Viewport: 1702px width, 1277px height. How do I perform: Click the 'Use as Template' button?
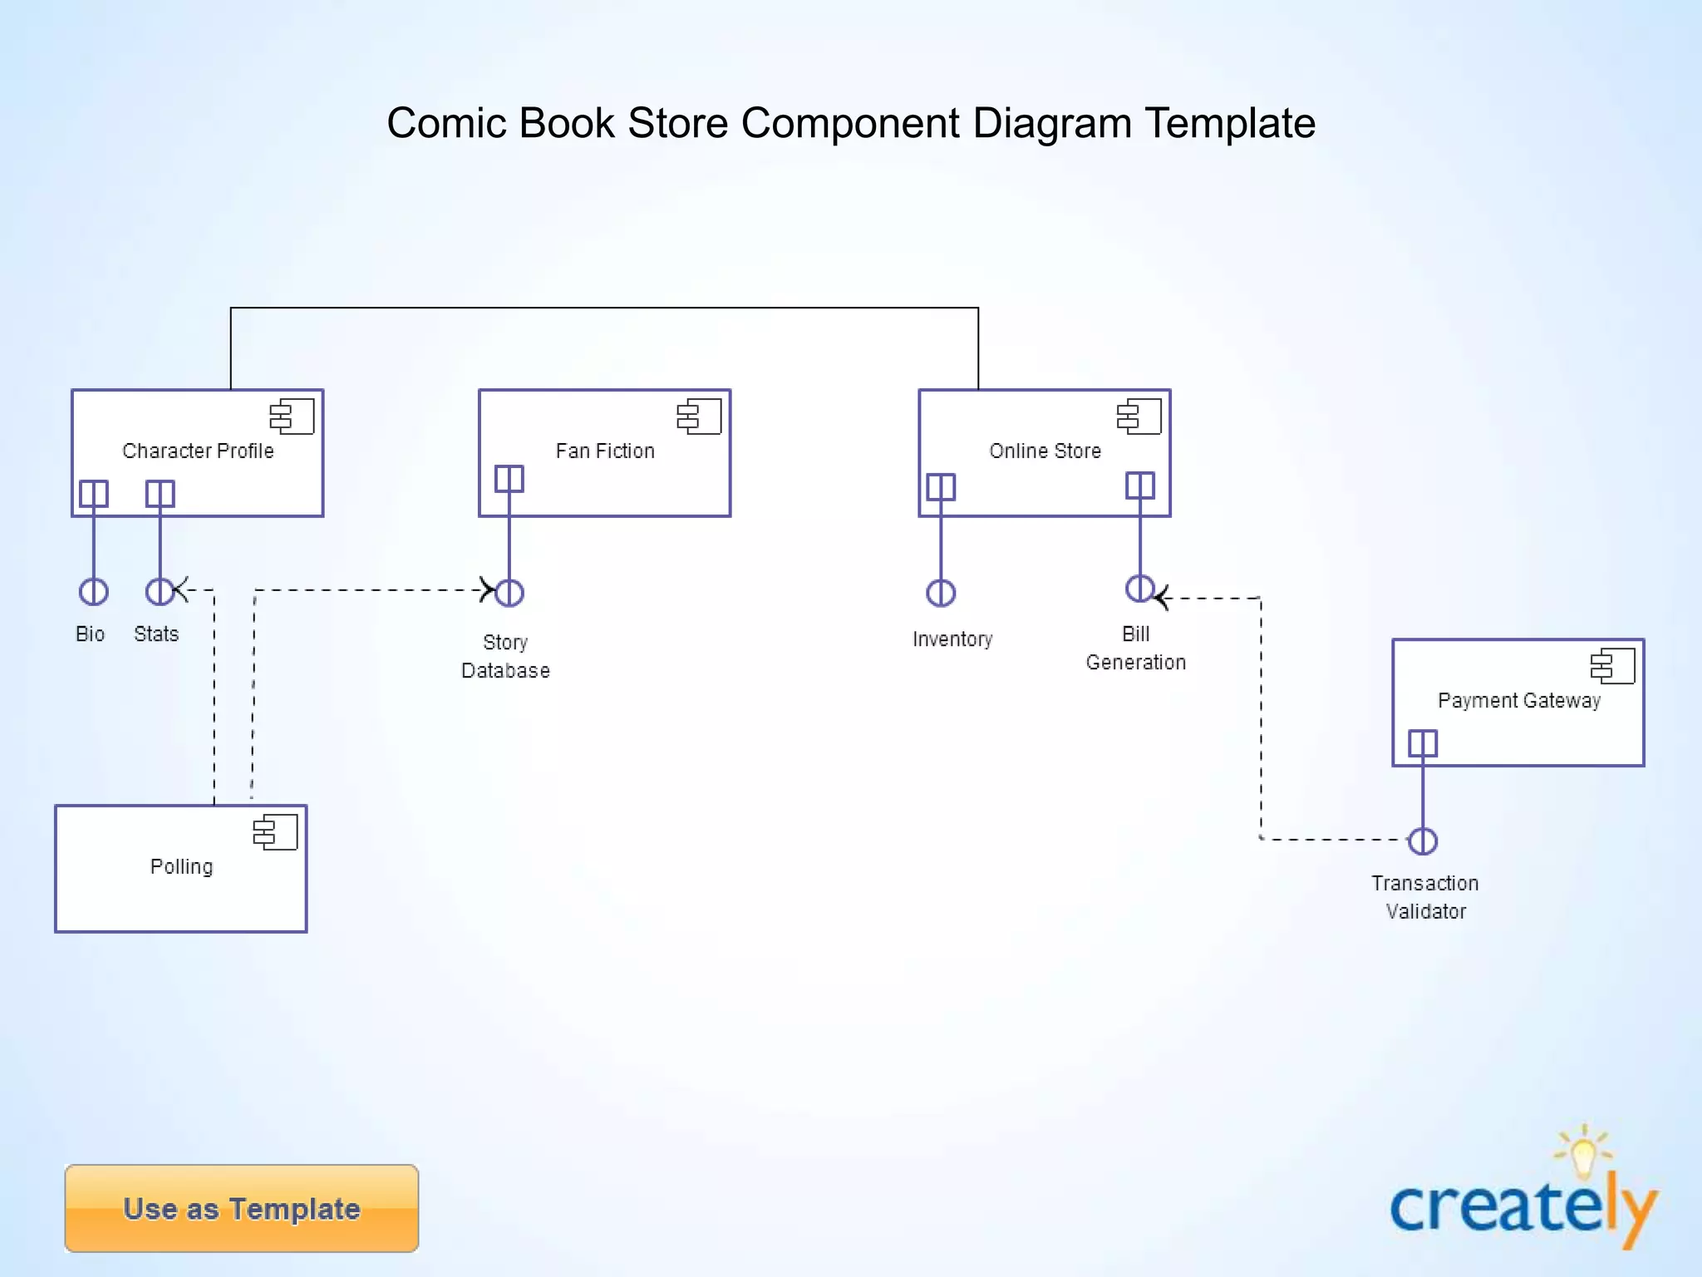tap(241, 1208)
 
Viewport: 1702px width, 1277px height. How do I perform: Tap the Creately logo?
tap(1522, 1197)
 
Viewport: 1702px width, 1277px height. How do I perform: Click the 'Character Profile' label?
tap(198, 451)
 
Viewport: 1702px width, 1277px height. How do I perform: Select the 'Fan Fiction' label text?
tap(605, 451)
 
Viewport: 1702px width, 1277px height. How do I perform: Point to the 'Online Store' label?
tap(1045, 451)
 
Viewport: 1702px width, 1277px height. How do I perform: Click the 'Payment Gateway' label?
tap(1518, 700)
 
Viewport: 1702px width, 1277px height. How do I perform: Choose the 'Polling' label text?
tap(181, 866)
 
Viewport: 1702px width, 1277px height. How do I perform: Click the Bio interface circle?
tap(93, 592)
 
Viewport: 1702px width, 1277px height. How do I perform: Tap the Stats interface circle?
tap(160, 592)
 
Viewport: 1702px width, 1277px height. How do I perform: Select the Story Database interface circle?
tap(509, 593)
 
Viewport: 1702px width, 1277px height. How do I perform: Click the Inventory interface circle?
tap(941, 593)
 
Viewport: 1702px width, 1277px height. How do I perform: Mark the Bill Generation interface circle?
tap(1139, 588)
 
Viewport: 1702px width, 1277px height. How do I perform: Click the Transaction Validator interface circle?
tap(1423, 841)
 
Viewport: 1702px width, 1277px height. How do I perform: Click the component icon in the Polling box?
tap(276, 832)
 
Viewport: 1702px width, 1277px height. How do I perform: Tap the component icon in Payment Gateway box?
tap(1613, 666)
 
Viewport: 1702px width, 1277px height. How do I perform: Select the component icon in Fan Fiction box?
tap(699, 417)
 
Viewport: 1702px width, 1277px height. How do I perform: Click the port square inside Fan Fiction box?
tap(509, 479)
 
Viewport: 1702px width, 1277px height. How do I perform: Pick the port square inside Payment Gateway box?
tap(1423, 743)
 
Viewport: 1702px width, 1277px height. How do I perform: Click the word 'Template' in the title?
tap(1230, 123)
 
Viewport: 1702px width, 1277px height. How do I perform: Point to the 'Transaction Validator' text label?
tap(1424, 897)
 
